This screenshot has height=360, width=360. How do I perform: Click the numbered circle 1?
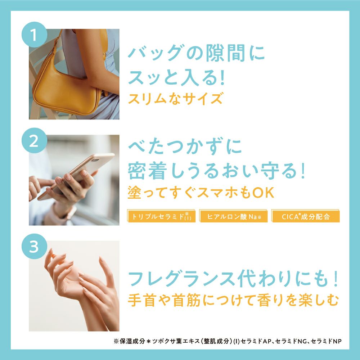tap(35, 35)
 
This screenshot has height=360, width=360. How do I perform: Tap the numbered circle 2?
tap(35, 140)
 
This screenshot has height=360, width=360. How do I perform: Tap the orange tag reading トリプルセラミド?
tap(161, 216)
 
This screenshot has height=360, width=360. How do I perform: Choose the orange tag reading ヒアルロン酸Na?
tap(234, 216)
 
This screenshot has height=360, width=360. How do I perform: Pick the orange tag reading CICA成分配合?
tap(306, 216)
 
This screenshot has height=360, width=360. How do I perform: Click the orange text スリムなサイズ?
tap(175, 99)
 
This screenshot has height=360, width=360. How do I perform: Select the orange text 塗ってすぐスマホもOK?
tap(201, 192)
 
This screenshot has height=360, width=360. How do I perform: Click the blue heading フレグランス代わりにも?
tap(233, 279)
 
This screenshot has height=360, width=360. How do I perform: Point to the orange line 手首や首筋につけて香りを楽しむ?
tap(233, 300)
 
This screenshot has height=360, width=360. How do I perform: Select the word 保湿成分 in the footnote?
tap(132, 341)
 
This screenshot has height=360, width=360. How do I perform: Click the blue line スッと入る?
tap(176, 77)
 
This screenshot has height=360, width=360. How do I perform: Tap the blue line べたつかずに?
tap(185, 146)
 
